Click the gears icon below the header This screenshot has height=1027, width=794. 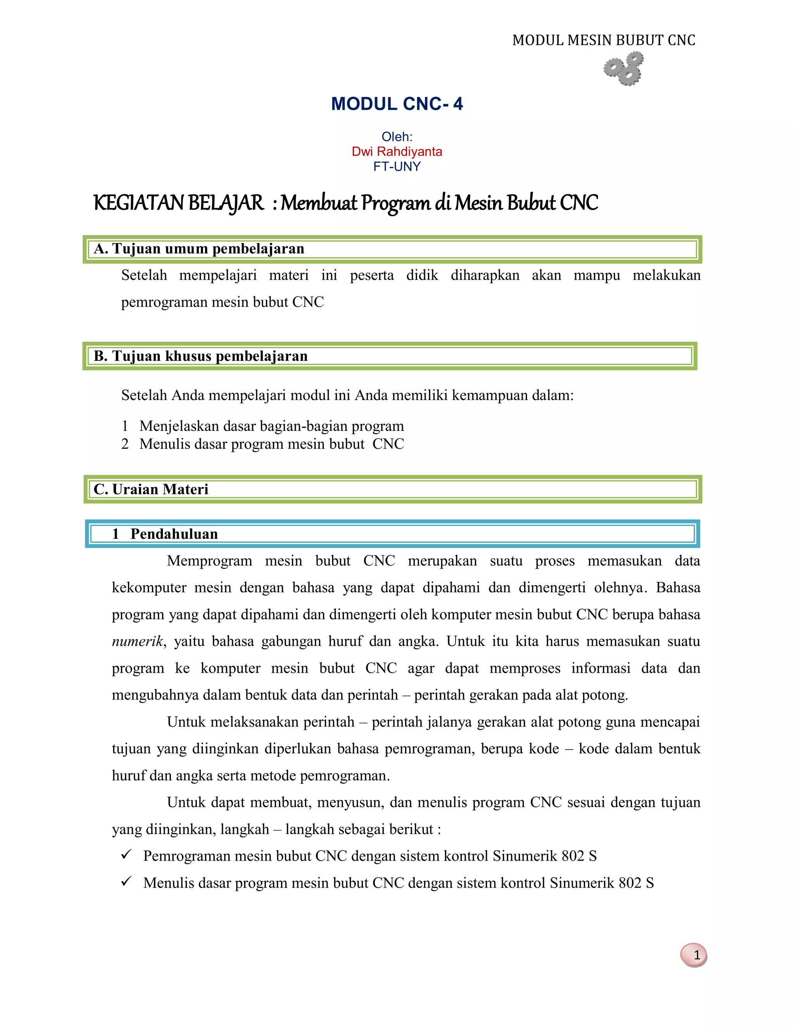click(x=624, y=69)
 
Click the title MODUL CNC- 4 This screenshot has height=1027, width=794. click(x=397, y=104)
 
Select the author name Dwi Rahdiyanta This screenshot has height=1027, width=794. click(x=397, y=152)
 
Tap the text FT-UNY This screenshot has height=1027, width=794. click(x=397, y=167)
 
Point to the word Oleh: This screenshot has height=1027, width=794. click(x=397, y=137)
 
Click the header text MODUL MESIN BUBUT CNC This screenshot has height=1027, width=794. click(x=604, y=40)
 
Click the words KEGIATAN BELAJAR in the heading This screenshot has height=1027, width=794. click(x=179, y=203)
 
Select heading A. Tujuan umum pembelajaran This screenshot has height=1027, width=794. click(x=199, y=249)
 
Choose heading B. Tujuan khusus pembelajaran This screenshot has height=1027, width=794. click(x=200, y=356)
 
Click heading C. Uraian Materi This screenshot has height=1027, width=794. click(x=151, y=489)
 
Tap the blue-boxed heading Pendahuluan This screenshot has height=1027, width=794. click(x=174, y=534)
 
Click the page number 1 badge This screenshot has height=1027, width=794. click(x=694, y=955)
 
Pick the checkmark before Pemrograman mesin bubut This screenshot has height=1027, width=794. click(x=126, y=855)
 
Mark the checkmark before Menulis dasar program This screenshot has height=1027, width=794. click(x=126, y=881)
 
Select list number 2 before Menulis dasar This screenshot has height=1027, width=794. click(x=125, y=444)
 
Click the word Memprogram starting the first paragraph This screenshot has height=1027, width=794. click(x=209, y=561)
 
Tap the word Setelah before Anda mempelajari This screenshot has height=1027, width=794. click(x=144, y=395)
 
